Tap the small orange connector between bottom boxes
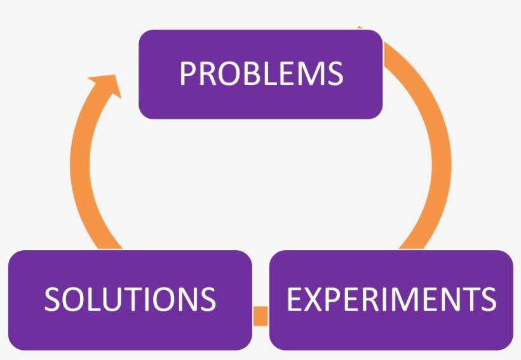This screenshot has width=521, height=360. pos(260,316)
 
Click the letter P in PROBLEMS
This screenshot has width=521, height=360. pos(187,74)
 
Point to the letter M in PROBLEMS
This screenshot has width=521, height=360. pos(307,74)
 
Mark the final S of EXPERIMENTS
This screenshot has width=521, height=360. pos(488,299)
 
